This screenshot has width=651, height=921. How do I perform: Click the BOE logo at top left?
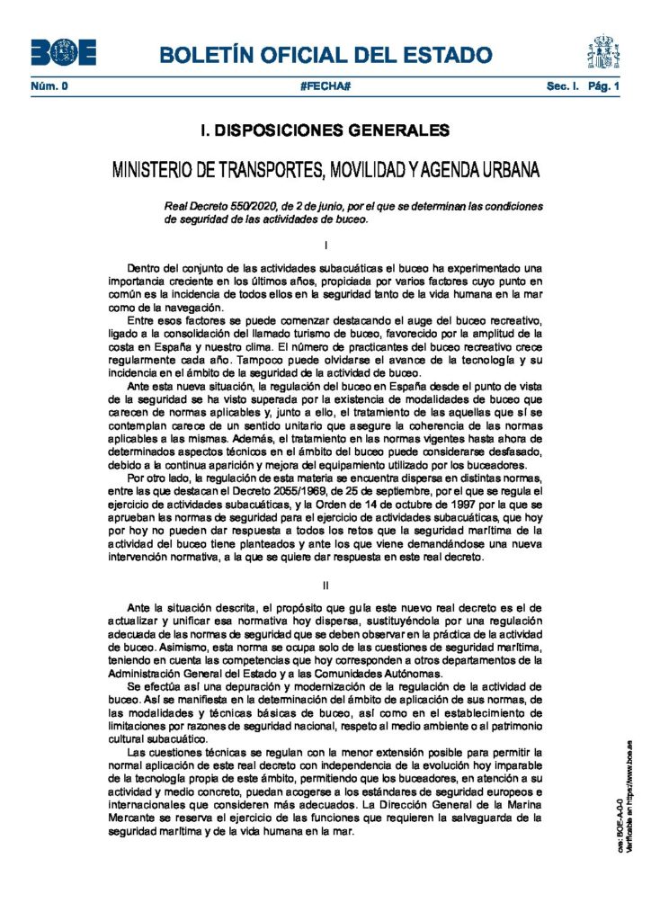(63, 52)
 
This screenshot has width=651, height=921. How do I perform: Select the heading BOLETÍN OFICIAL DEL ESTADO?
(325, 55)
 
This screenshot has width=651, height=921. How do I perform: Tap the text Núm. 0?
(49, 86)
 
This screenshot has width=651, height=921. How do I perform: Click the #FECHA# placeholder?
(325, 86)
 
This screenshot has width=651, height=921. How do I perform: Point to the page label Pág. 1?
(604, 86)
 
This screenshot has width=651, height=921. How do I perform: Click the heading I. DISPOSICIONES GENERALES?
(325, 130)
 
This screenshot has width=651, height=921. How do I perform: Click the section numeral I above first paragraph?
(325, 244)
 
